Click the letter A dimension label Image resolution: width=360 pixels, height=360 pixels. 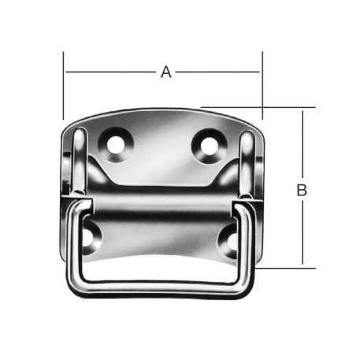point(165,72)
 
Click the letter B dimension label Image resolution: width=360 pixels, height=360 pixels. point(301,190)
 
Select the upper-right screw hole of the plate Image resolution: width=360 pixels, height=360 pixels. point(209,144)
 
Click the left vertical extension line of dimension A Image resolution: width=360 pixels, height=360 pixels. point(63,87)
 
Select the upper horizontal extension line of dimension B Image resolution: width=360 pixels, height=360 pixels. point(260,107)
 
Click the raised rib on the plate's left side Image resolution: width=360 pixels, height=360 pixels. point(80,161)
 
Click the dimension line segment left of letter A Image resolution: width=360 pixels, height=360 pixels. point(110,72)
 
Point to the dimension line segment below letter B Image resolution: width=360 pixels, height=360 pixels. point(301,232)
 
